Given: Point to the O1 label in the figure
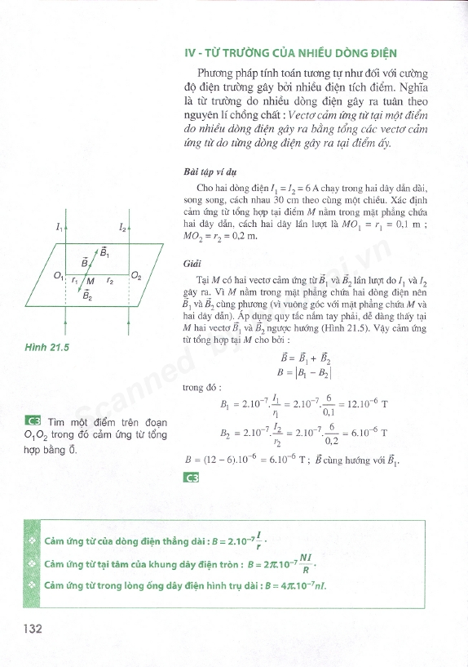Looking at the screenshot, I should tap(58, 277).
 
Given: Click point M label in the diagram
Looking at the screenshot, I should tap(91, 282).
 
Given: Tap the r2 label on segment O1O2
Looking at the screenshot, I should tap(110, 280).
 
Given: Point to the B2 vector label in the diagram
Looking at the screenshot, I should tap(87, 297).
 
